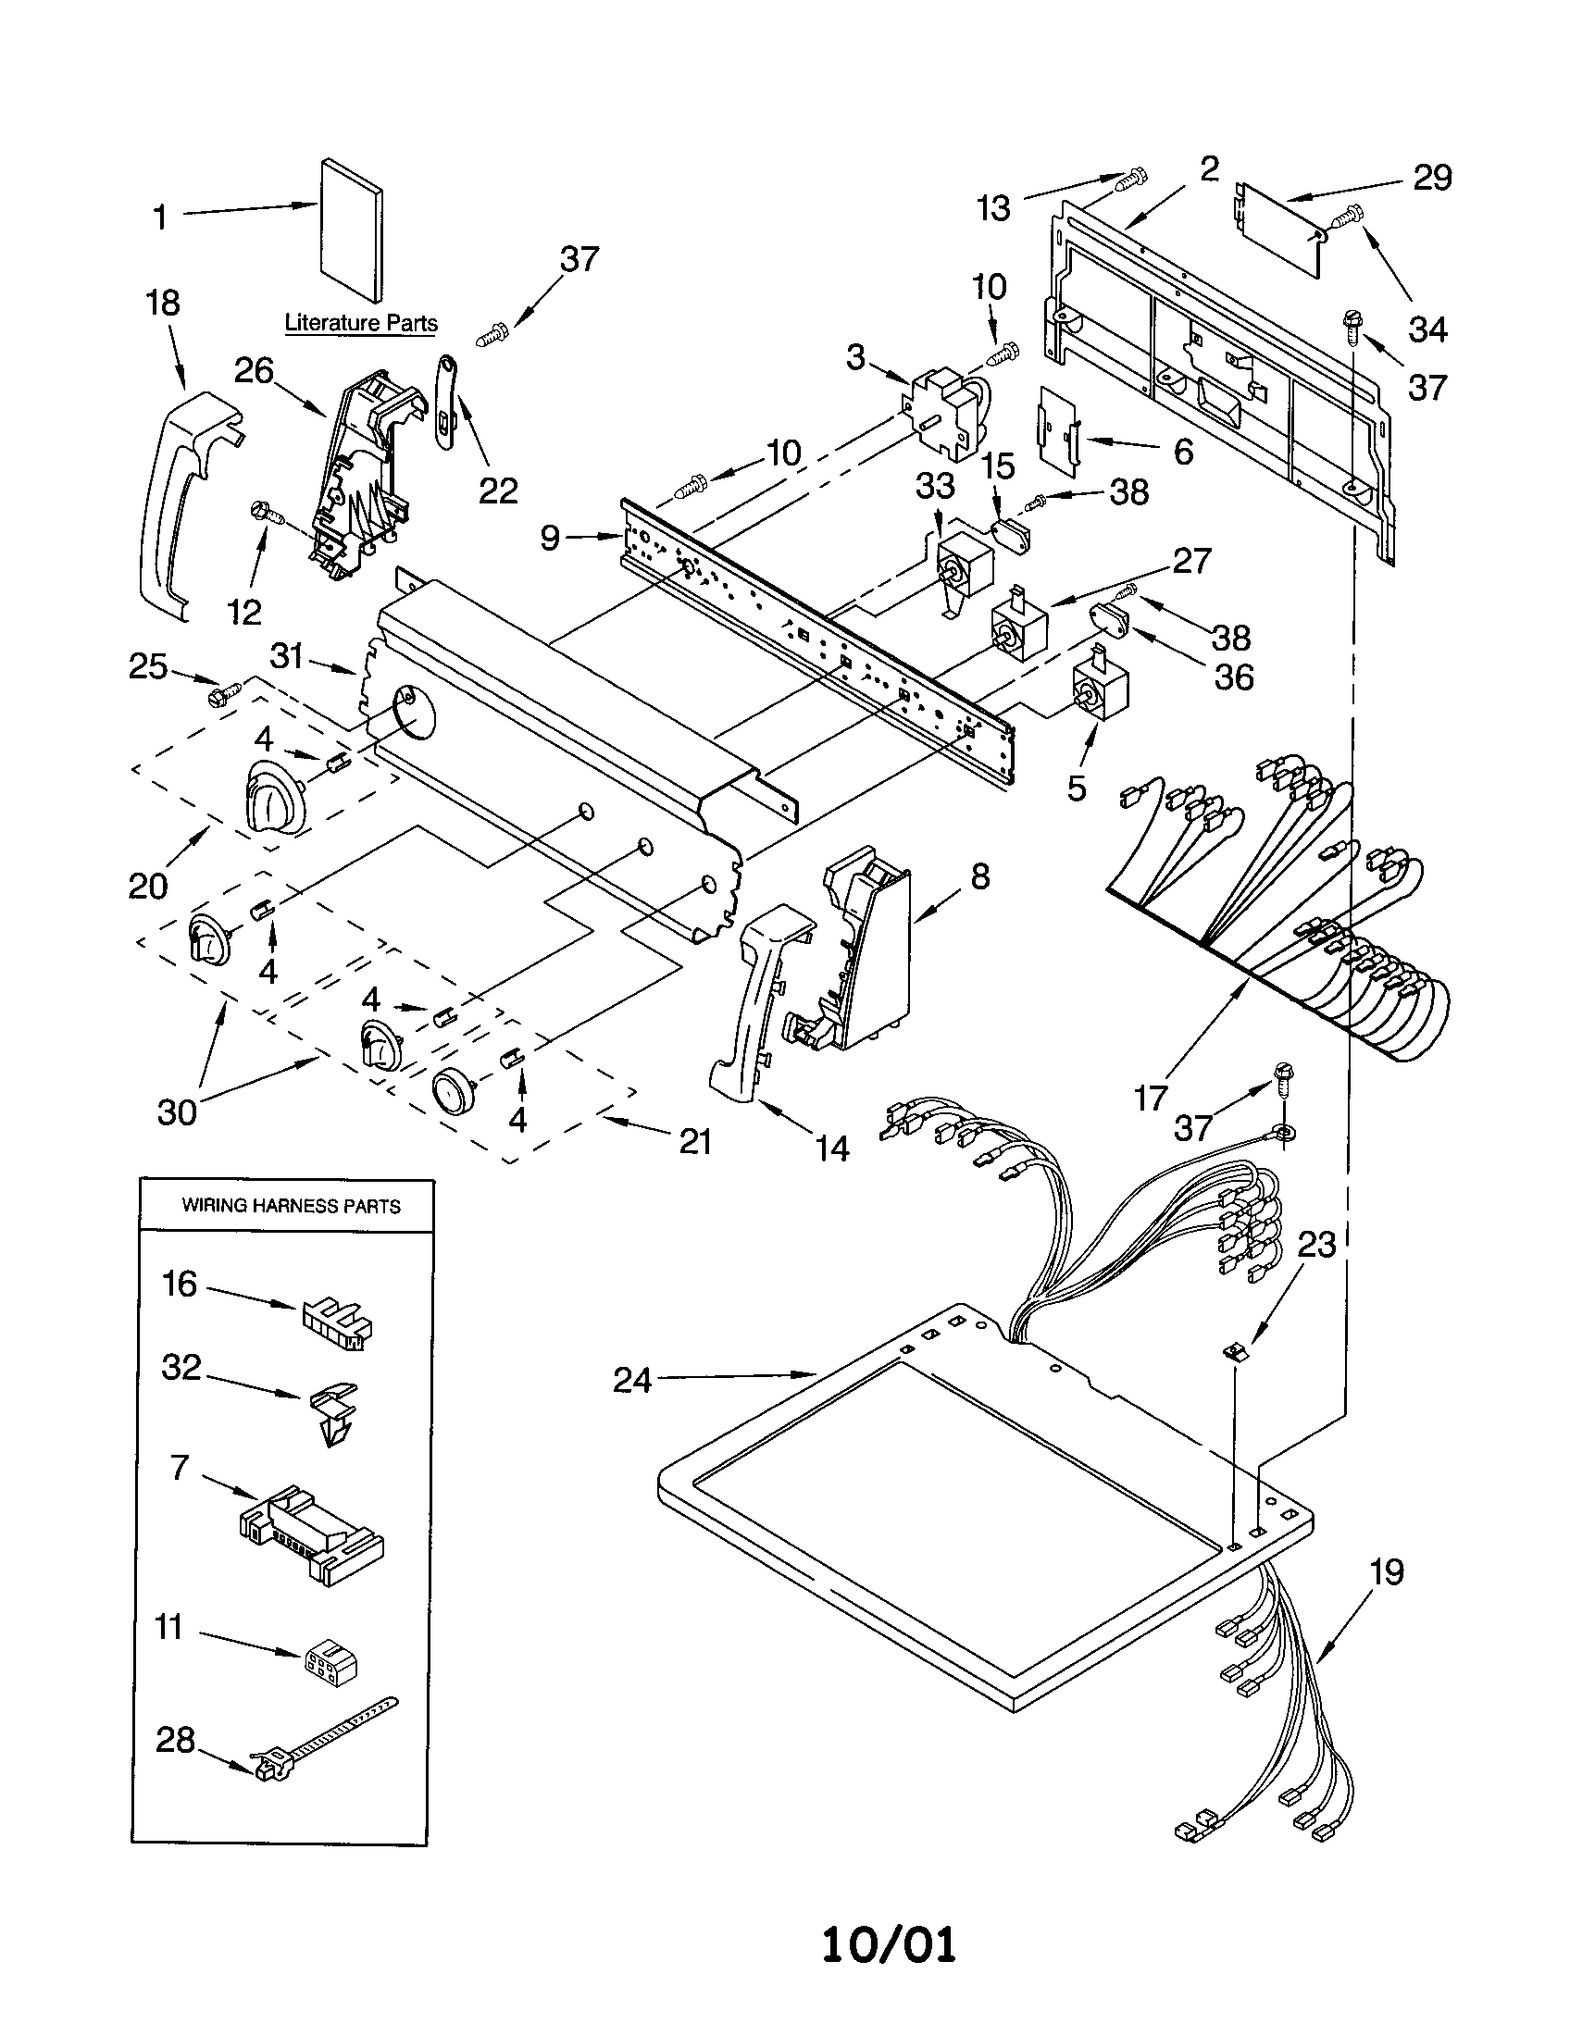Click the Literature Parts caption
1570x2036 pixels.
point(361,323)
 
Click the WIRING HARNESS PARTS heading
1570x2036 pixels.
point(291,1205)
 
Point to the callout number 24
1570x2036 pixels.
point(631,1379)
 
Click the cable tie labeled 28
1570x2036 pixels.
point(321,1735)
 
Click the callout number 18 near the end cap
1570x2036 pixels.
point(163,303)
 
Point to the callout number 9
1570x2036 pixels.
point(550,538)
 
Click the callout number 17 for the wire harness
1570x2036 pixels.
point(1150,1099)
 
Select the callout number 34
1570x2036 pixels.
point(1427,329)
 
